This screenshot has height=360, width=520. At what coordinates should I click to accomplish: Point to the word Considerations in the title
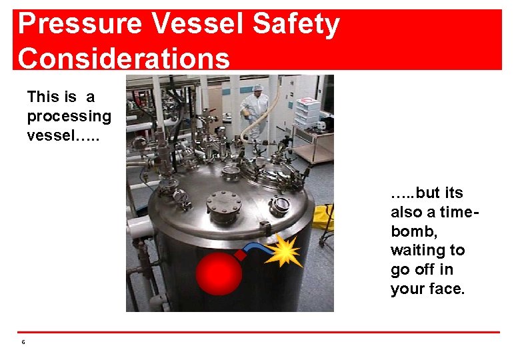pyautogui.click(x=123, y=59)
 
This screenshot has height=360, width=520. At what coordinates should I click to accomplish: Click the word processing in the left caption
pyautogui.click(x=69, y=116)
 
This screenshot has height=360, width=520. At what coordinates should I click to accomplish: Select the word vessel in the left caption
pyautogui.click(x=49, y=135)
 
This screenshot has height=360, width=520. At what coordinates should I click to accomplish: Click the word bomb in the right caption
pyautogui.click(x=409, y=231)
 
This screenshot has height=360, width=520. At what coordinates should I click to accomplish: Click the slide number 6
pyautogui.click(x=23, y=342)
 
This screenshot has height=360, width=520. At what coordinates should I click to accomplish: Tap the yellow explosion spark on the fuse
pyautogui.click(x=285, y=252)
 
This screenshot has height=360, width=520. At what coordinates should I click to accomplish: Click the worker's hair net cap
pyautogui.click(x=257, y=88)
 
